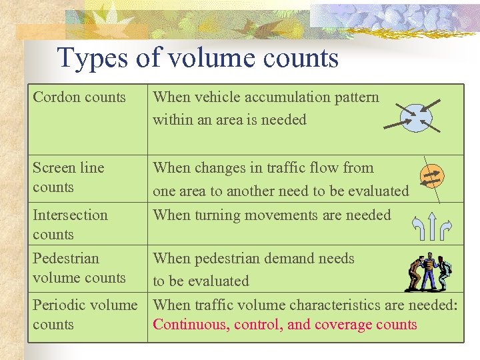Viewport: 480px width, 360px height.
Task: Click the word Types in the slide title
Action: coord(91,59)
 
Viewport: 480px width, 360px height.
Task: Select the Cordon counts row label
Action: coord(79,97)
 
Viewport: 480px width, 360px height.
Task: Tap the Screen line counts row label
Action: coord(68,177)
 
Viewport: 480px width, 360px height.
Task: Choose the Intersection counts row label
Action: coord(70,225)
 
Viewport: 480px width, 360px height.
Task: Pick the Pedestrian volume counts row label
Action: coord(79,268)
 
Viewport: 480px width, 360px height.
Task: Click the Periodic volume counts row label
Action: coord(85,315)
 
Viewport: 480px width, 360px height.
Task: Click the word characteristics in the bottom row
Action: coord(317,305)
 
